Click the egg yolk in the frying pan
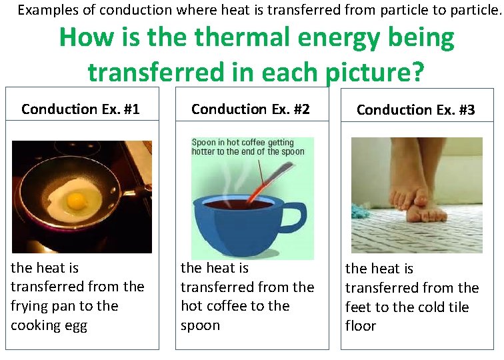point(77,199)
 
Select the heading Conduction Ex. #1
point(81,109)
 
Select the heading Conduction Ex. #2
point(251,109)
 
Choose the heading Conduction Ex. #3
point(415,110)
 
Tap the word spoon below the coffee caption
point(199,325)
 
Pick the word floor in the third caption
point(361,326)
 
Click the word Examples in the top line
point(51,10)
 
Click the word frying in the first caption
point(31,307)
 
